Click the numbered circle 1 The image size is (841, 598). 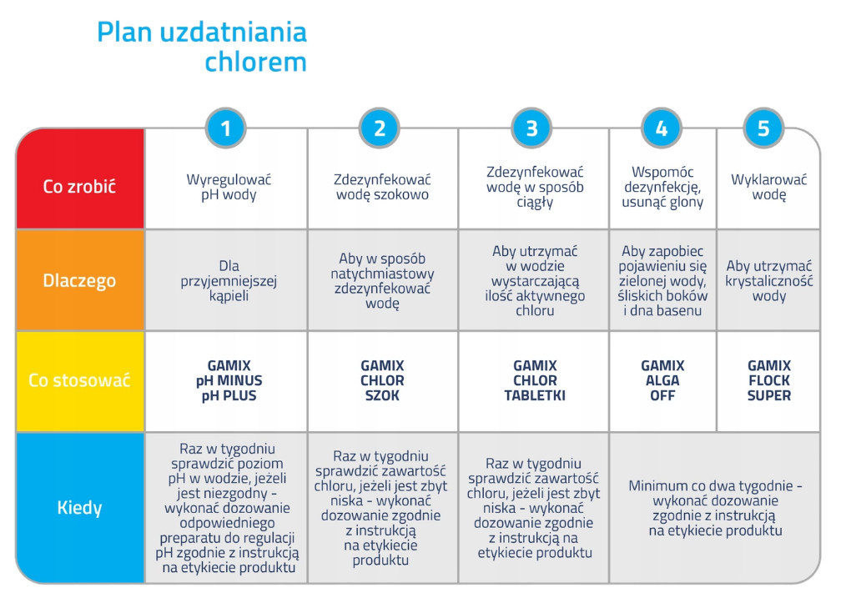pos(226,128)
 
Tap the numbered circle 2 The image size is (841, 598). pos(380,128)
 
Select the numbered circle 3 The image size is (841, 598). pos(532,128)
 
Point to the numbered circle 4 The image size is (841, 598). pos(662,128)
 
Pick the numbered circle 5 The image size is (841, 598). pos(763,128)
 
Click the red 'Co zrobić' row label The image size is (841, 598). pos(80,186)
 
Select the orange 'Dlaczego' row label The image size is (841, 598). pos(80,280)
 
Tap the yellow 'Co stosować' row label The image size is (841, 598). pos(80,381)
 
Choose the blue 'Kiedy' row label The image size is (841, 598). pos(80,507)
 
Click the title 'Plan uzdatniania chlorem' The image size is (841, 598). pos(203,47)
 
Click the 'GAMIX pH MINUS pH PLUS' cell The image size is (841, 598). pos(226,381)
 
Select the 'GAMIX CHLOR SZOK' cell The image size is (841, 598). pos(382,381)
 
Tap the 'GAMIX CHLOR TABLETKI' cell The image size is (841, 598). pos(534,381)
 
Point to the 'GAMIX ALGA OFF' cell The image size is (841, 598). pos(662,381)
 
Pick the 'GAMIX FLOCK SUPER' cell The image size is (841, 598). pos(768,381)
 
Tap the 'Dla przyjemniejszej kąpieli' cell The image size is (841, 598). pos(228,281)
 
